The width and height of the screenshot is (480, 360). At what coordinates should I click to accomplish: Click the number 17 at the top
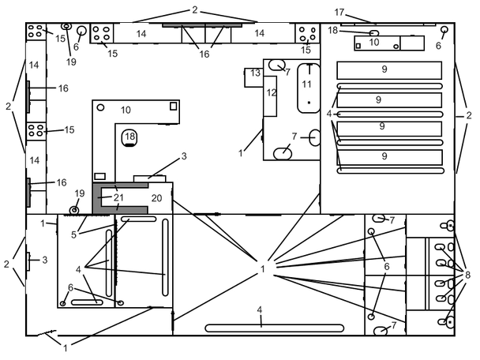click(339, 13)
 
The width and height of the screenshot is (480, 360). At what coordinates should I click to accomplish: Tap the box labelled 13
click(253, 77)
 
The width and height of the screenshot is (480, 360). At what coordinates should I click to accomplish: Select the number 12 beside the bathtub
click(272, 92)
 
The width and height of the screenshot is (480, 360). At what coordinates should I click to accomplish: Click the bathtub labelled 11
click(309, 88)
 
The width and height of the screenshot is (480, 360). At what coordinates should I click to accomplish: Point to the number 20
click(156, 198)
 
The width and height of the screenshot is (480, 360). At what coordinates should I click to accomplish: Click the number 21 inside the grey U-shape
click(118, 197)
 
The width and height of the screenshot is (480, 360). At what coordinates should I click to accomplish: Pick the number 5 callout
click(73, 234)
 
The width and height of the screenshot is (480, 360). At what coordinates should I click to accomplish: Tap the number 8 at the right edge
click(467, 275)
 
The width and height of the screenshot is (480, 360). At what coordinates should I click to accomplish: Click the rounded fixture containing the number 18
click(129, 137)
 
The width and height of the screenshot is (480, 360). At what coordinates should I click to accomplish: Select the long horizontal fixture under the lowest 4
click(274, 328)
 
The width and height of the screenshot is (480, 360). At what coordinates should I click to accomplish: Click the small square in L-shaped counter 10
click(173, 106)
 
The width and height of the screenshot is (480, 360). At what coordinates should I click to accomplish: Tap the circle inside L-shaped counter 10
click(100, 107)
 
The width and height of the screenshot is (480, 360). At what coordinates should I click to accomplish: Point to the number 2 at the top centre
click(195, 10)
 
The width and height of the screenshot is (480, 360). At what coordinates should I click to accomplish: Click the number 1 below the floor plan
click(66, 347)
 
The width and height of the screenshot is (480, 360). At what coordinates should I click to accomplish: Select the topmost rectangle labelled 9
click(389, 70)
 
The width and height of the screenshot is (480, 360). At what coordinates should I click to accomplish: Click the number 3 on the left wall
click(45, 261)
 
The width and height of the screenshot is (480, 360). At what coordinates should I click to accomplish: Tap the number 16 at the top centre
click(204, 54)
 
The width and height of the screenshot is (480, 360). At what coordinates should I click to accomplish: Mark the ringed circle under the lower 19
click(74, 210)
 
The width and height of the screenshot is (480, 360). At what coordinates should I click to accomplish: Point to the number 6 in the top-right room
click(438, 46)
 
